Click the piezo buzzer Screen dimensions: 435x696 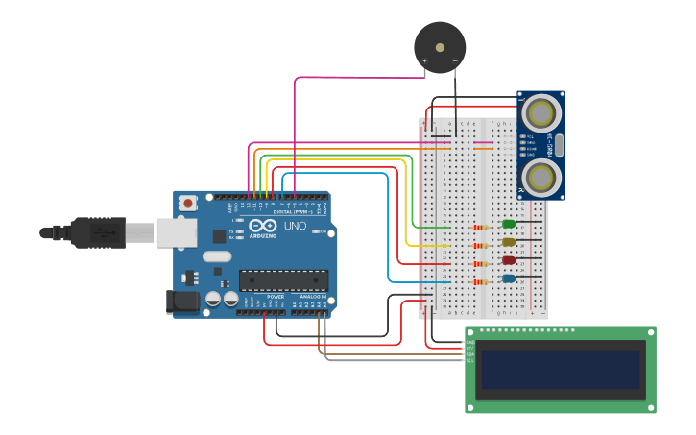point(440,47)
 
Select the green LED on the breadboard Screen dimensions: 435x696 point(508,224)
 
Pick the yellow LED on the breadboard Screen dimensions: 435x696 point(508,242)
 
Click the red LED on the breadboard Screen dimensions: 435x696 point(508,260)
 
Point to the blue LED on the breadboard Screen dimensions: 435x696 point(508,278)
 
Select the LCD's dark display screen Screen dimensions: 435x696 point(561,370)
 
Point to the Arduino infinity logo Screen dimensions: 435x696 point(261,227)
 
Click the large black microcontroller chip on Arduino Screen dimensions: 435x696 point(283,279)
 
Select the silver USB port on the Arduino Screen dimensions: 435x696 point(177,232)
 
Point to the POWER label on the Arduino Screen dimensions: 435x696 point(276,297)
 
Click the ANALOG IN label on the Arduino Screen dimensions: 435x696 point(311,297)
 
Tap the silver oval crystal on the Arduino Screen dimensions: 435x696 point(217,256)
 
